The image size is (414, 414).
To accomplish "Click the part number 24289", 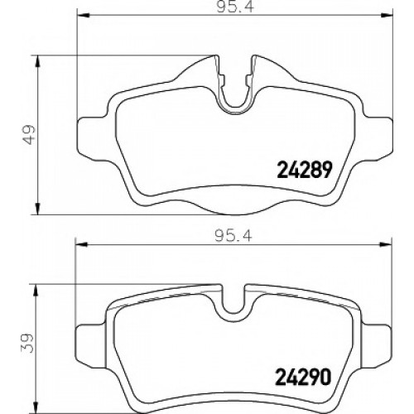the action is [x=304, y=170].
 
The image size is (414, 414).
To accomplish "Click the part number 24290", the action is [x=303, y=377].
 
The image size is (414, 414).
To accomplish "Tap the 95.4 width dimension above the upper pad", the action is [x=234, y=7].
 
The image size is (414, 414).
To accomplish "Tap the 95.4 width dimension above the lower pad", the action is [x=233, y=236].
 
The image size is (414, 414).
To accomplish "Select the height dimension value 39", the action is [x=27, y=344].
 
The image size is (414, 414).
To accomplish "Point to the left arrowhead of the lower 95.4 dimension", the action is [x=81, y=244].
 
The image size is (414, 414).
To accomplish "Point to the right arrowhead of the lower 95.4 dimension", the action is [x=386, y=244].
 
